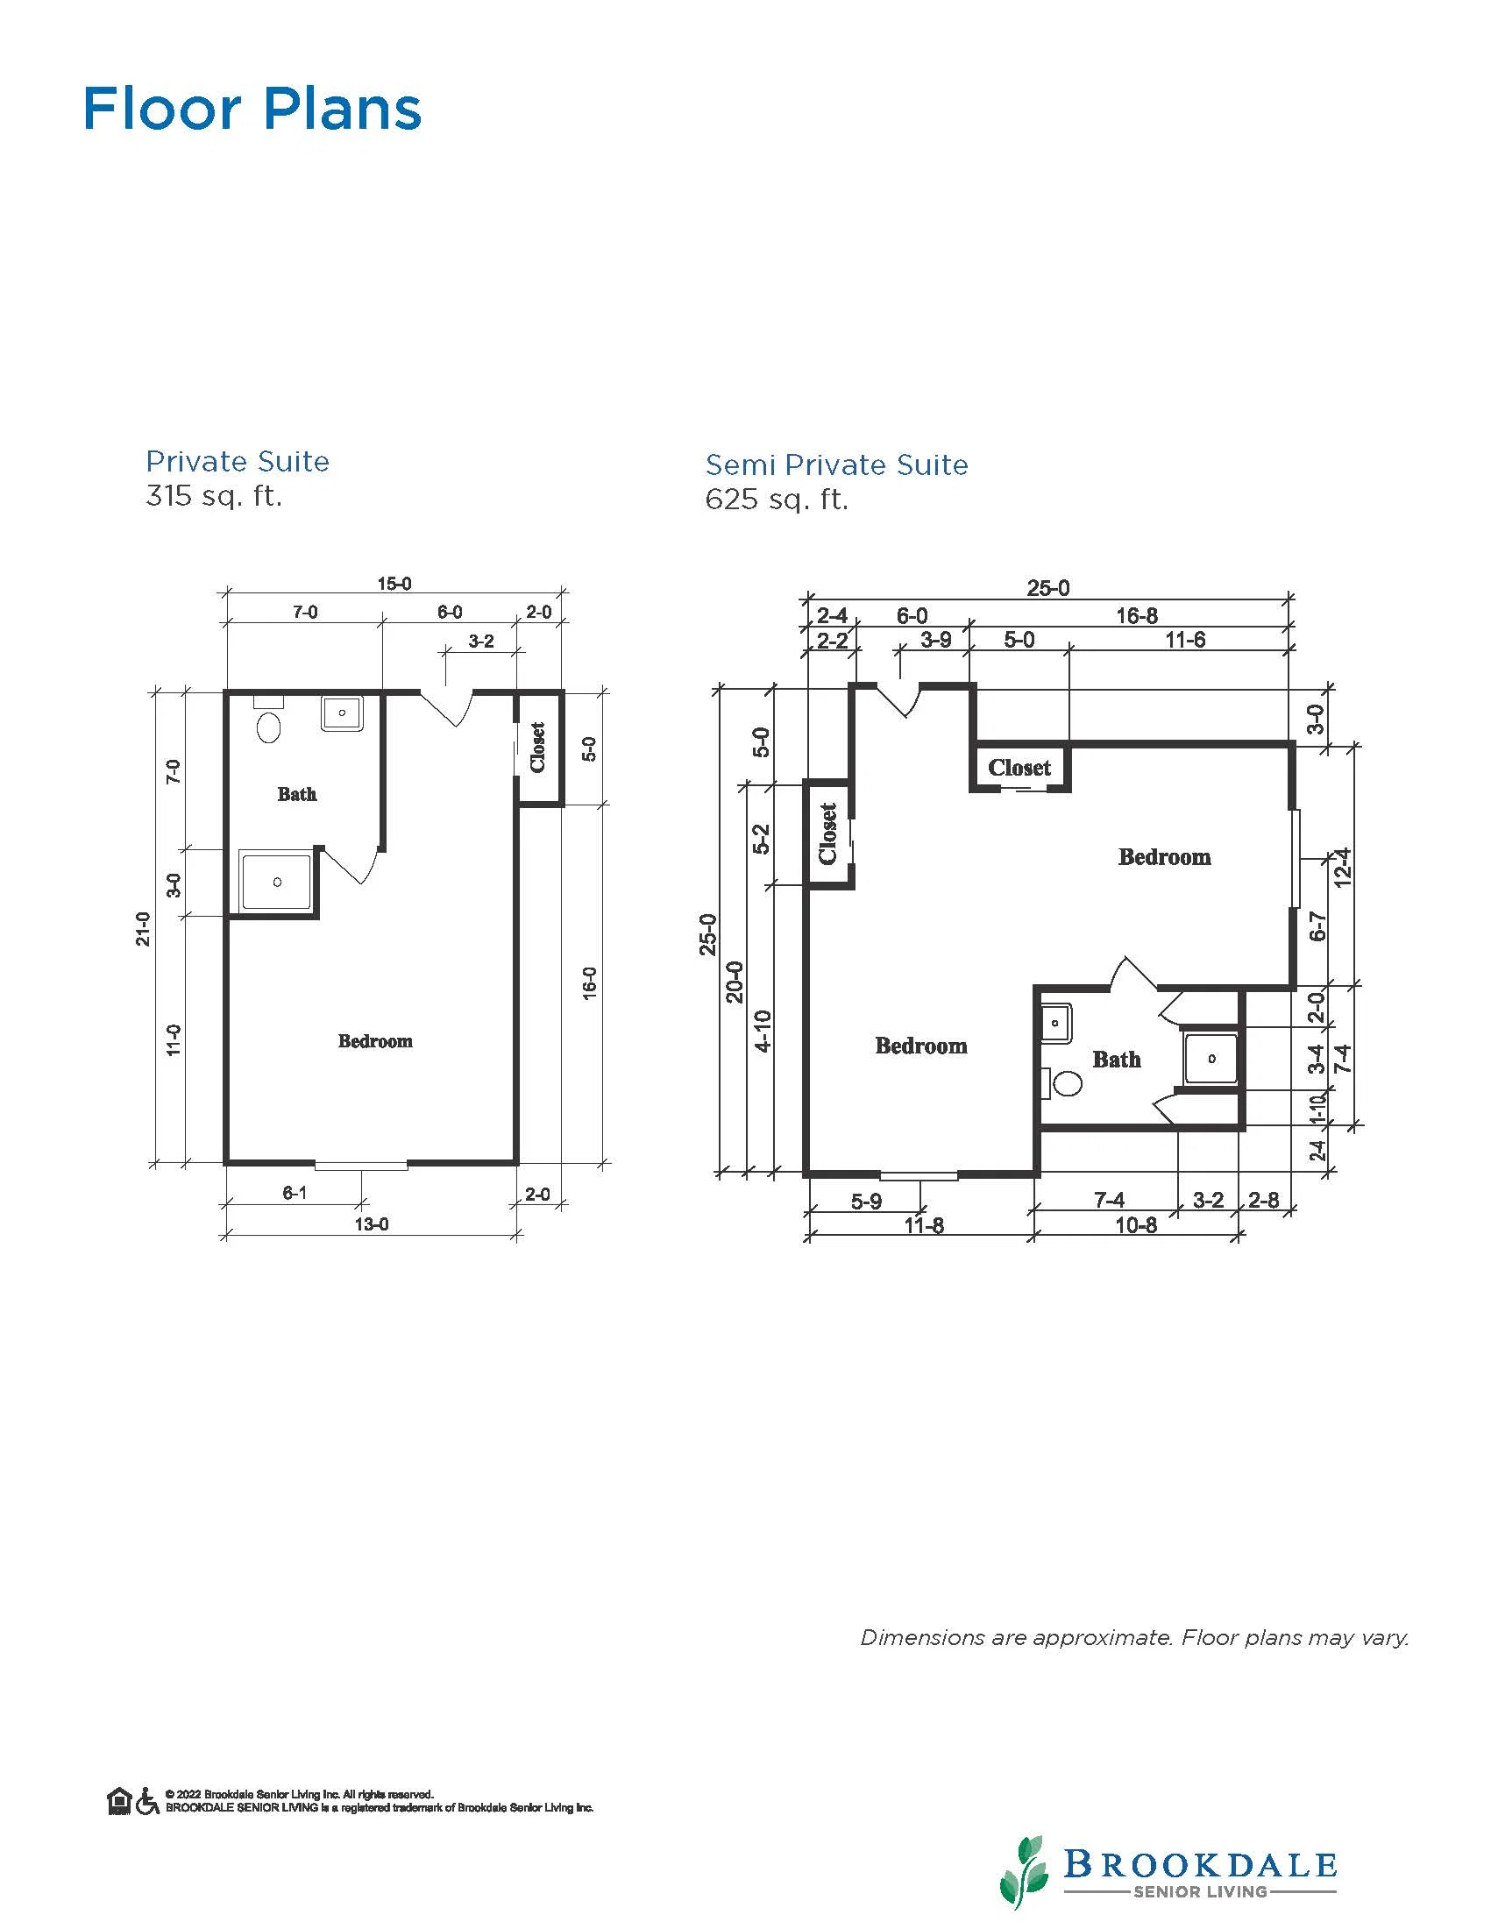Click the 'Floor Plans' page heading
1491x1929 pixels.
point(252,109)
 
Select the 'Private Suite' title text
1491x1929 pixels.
point(238,461)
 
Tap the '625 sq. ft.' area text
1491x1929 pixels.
point(777,500)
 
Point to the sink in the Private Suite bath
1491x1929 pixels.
point(342,713)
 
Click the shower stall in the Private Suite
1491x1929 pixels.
point(276,881)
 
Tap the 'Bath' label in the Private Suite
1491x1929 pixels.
point(297,794)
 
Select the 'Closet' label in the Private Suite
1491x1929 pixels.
point(538,748)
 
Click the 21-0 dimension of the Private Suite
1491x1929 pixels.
point(143,928)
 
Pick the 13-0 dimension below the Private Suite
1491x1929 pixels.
point(371,1224)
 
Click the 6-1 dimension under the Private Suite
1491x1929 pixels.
point(295,1194)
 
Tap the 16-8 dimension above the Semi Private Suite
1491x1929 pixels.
point(1137,615)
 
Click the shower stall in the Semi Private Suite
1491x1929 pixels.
point(1211,1058)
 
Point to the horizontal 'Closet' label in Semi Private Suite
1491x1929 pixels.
point(1019,768)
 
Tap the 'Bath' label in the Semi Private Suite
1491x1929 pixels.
point(1117,1059)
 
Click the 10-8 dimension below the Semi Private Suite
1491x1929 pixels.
point(1136,1225)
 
